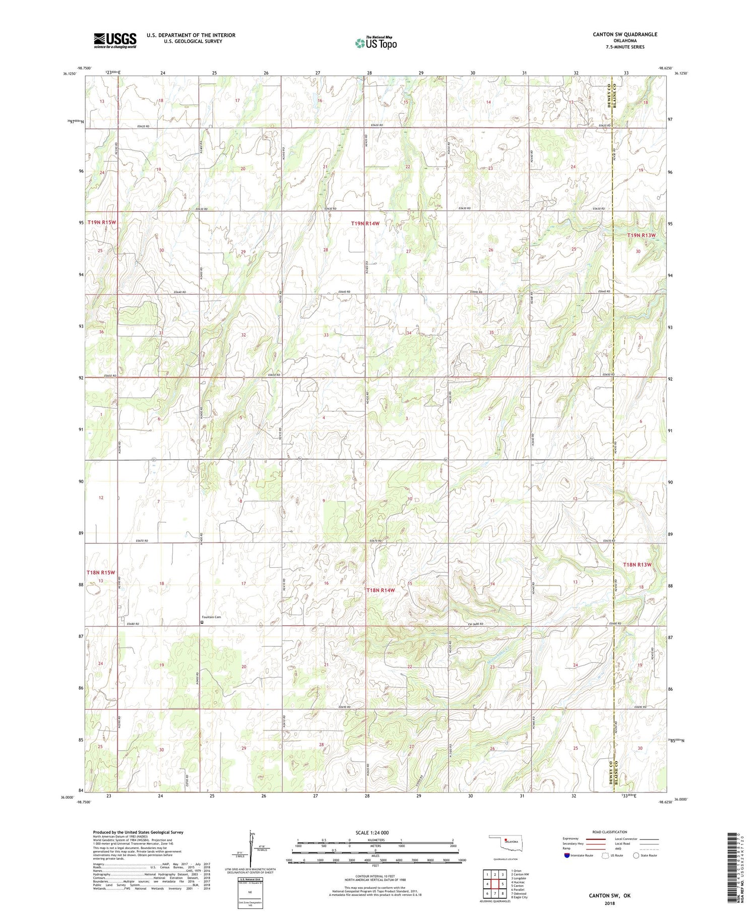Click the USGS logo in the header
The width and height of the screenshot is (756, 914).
(115, 40)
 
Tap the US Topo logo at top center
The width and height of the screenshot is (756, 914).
(376, 43)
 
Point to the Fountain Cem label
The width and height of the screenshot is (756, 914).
(211, 617)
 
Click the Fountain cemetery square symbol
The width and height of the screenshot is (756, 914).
(203, 623)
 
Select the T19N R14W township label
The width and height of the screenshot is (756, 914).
(365, 223)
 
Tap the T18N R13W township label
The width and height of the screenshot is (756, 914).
(637, 565)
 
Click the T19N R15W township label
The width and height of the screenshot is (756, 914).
(102, 222)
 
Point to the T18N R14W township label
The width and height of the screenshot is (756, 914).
(380, 590)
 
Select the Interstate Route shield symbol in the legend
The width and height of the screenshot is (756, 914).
(567, 856)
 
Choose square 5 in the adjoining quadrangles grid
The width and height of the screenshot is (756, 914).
(502, 884)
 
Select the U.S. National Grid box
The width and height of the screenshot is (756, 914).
(249, 892)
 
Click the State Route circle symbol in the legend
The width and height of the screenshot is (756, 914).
(637, 856)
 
